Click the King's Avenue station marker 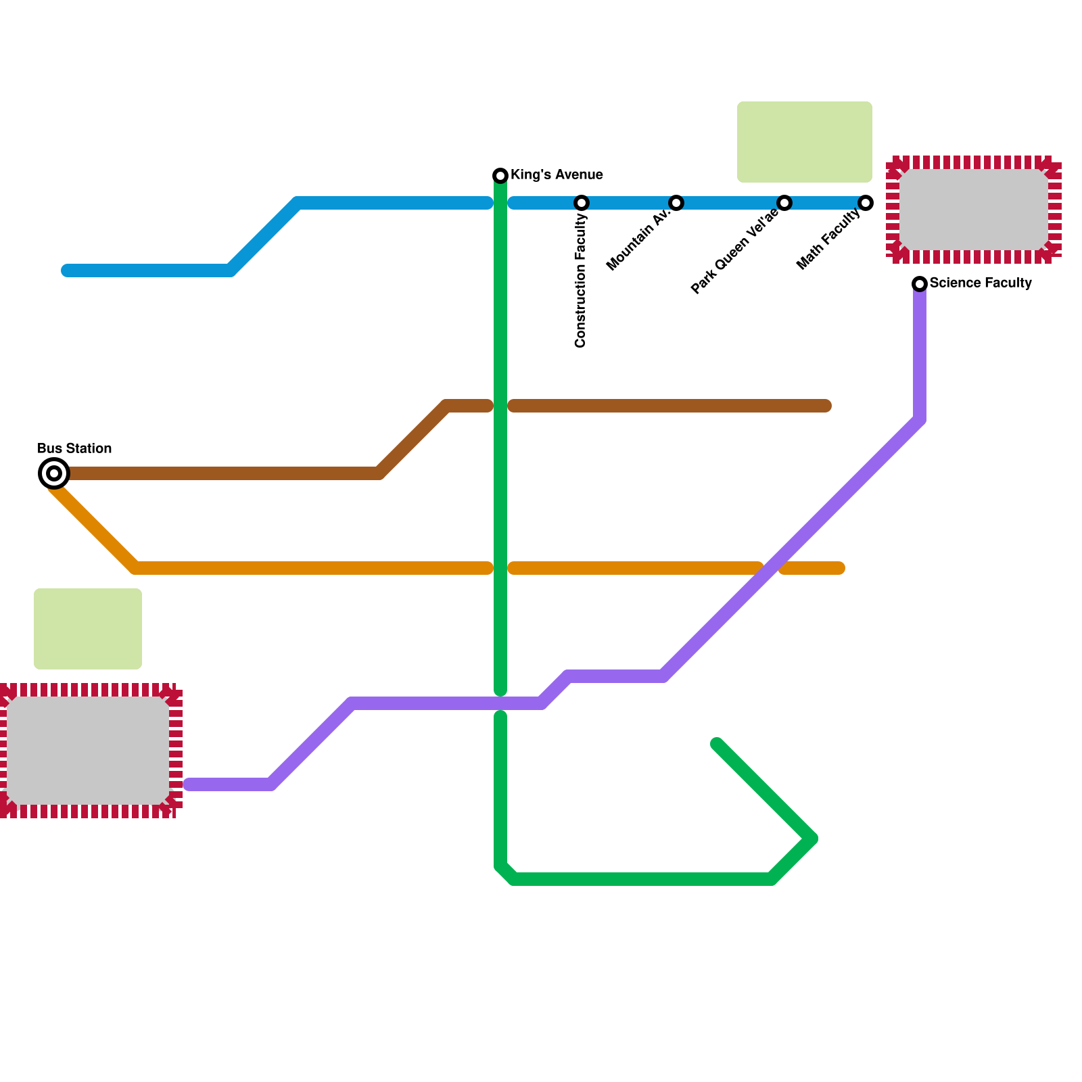(x=500, y=176)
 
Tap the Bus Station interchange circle (x=54, y=473)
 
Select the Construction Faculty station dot (x=582, y=203)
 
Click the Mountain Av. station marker (x=676, y=203)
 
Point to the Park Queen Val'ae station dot (x=784, y=203)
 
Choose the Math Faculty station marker (x=866, y=203)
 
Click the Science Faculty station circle (x=920, y=284)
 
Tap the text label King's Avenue (x=557, y=175)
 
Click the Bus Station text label (x=74, y=448)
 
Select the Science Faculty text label (x=981, y=283)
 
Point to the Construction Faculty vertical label (x=581, y=281)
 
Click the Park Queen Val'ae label (x=734, y=252)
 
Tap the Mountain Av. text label (x=638, y=239)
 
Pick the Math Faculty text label (x=828, y=239)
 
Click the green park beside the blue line (x=804, y=142)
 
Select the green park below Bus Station (x=88, y=629)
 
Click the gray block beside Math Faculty (x=974, y=210)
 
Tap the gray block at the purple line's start (x=88, y=751)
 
